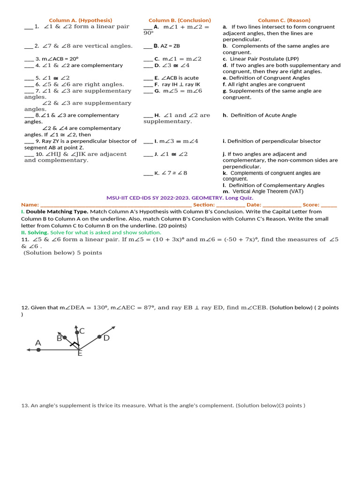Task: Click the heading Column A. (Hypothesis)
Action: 81,20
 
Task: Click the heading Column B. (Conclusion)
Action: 180,20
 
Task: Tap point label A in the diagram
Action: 38,343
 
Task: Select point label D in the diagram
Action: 106,337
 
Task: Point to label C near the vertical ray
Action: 82,331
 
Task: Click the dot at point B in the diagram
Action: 65,337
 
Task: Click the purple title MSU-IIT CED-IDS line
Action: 180,198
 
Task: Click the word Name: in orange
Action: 30,205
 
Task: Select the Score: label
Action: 310,205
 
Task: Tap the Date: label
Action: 254,205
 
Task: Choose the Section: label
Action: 204,205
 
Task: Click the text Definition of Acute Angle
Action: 263,115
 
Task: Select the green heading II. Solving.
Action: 35,232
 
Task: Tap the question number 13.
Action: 25,405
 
